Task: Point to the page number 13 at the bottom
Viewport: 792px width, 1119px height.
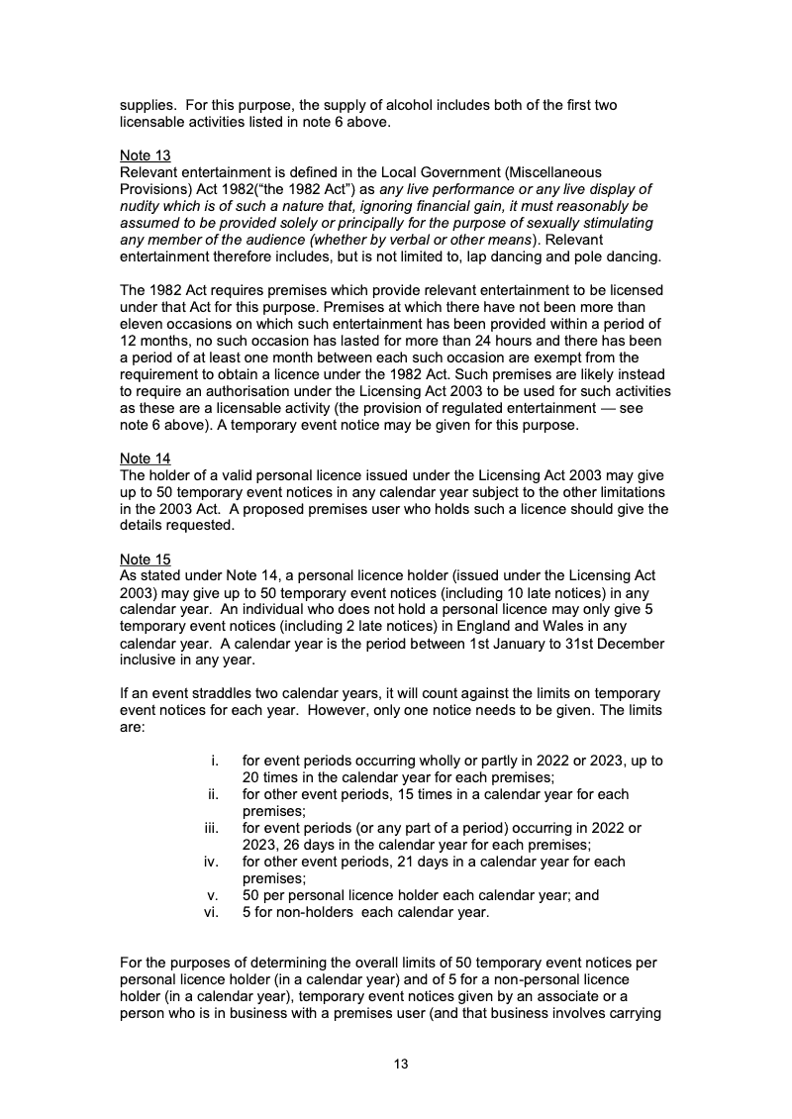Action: pyautogui.click(x=401, y=1065)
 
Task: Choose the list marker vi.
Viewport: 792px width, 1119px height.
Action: pyautogui.click(x=211, y=912)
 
